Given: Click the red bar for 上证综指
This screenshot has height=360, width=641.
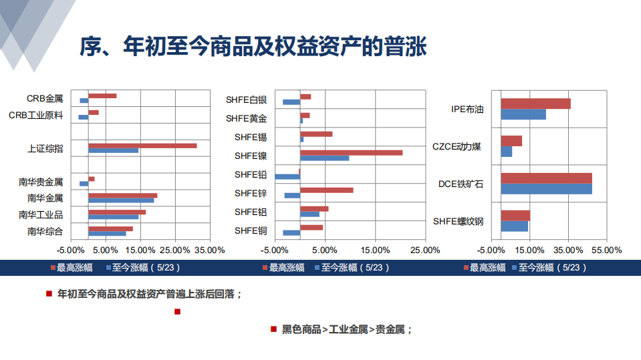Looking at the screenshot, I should click(142, 146).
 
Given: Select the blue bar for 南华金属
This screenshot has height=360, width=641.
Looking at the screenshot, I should click(121, 200).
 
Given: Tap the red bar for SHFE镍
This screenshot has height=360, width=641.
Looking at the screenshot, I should click(351, 153).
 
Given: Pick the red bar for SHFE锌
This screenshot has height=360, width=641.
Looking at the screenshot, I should click(326, 190).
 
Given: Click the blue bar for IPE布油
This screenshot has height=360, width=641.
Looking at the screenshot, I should click(523, 114).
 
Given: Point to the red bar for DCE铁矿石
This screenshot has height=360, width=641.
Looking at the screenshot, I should click(546, 178).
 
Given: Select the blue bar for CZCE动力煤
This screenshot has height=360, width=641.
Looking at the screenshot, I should click(507, 152).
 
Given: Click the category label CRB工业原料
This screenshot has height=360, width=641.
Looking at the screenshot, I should click(36, 115).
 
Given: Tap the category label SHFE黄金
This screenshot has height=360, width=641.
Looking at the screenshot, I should click(246, 119).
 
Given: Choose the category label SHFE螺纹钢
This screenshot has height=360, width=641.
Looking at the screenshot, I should click(458, 221).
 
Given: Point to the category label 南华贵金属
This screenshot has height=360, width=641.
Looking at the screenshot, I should click(41, 181).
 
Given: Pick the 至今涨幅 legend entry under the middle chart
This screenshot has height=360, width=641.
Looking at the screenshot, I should click(350, 268).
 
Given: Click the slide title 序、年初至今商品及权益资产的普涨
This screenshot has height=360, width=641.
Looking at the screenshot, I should click(252, 47).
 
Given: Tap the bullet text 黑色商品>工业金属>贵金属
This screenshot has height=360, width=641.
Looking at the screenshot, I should click(346, 329).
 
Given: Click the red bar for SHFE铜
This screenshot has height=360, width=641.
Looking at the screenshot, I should click(311, 228).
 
